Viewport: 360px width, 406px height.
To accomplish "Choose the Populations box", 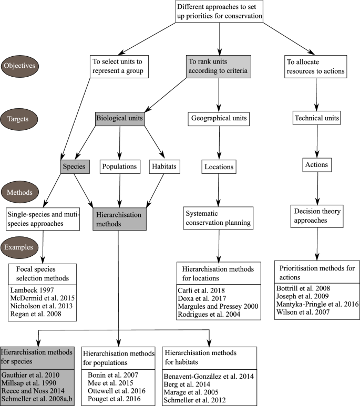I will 120,166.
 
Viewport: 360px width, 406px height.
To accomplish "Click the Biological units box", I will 120,119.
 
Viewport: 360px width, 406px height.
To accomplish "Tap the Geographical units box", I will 218,119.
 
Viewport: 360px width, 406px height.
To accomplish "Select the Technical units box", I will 316,119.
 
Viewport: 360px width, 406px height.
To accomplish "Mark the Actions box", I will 316,165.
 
